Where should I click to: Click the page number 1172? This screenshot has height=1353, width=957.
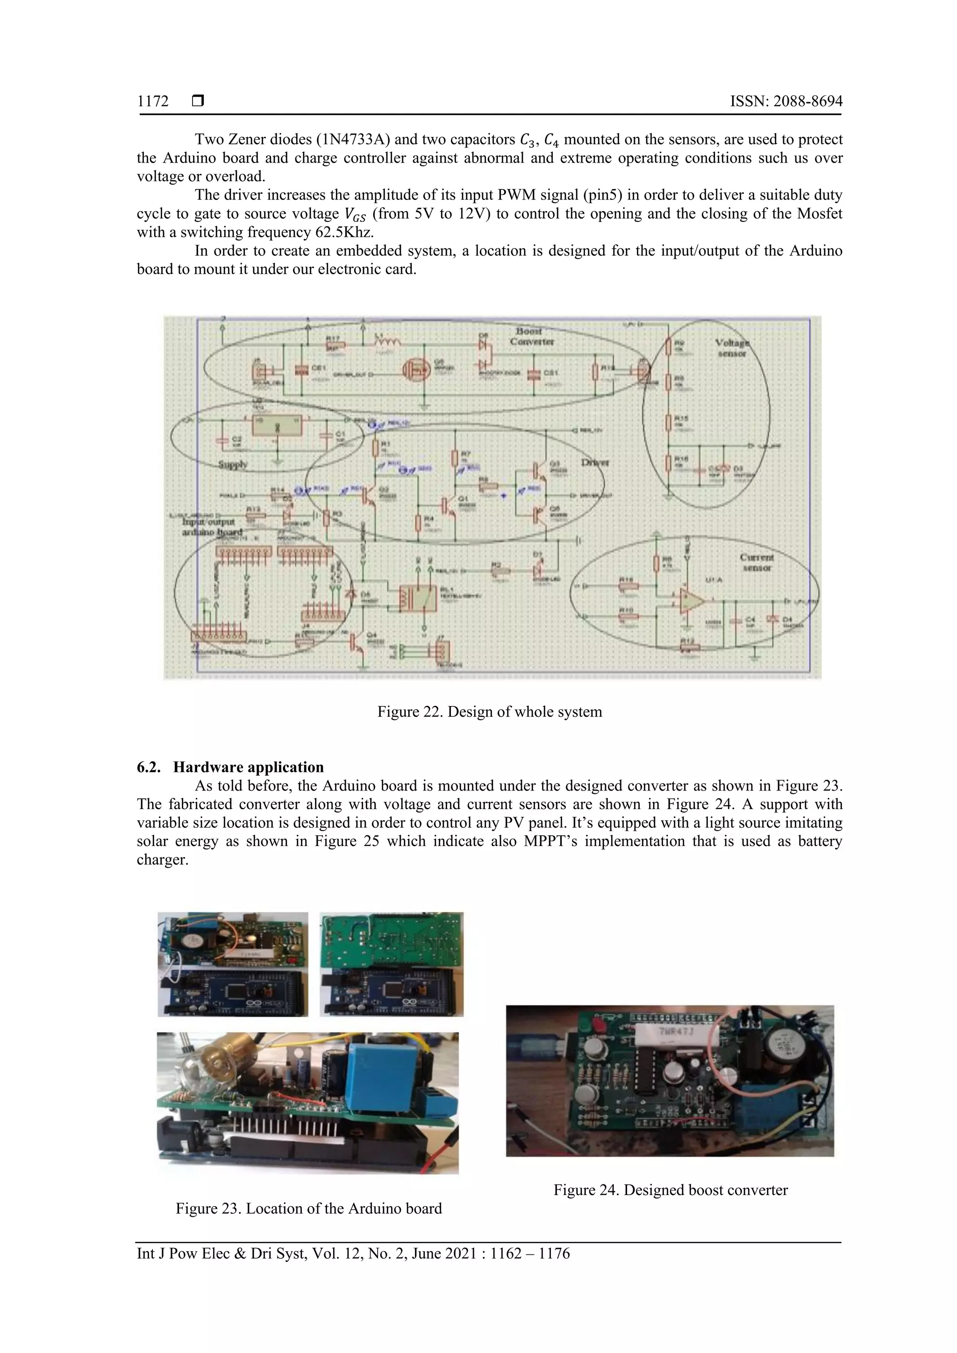(153, 101)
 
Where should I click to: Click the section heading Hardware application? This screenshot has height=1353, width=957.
(248, 767)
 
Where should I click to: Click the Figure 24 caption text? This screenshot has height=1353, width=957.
(670, 1190)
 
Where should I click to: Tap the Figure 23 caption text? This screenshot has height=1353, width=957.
(308, 1208)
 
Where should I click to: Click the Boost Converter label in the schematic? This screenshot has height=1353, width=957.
(531, 336)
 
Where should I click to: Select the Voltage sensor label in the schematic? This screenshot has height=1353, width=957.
(732, 348)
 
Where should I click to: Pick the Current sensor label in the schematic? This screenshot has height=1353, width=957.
(757, 562)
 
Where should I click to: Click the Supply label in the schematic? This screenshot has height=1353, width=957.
(233, 464)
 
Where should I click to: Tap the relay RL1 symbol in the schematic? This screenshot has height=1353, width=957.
(417, 599)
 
